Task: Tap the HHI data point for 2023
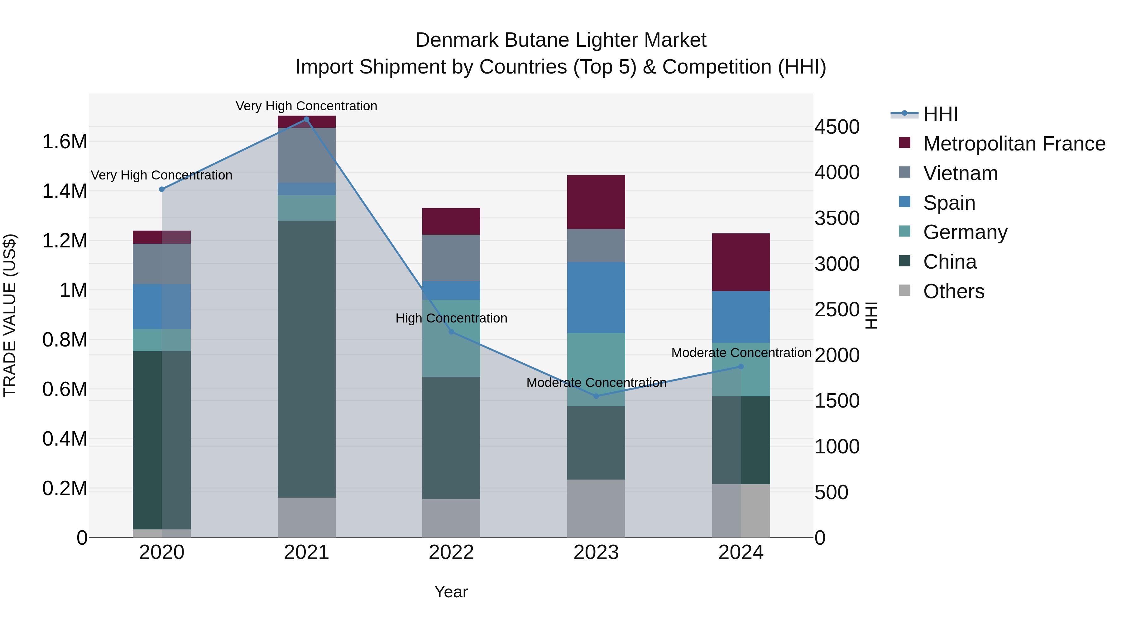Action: click(596, 396)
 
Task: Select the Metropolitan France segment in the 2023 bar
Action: click(596, 202)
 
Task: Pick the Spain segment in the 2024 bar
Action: click(741, 317)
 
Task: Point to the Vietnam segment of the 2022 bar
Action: click(451, 258)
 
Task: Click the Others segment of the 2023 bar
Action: click(596, 508)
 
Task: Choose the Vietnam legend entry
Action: click(960, 173)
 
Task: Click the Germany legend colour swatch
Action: click(905, 232)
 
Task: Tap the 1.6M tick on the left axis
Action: click(65, 142)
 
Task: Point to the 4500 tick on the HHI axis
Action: click(837, 127)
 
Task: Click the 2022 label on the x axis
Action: click(451, 552)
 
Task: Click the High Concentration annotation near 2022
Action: click(451, 318)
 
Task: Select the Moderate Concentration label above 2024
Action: click(741, 353)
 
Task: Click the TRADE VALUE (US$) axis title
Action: click(10, 315)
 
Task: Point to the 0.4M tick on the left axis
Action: click(65, 439)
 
